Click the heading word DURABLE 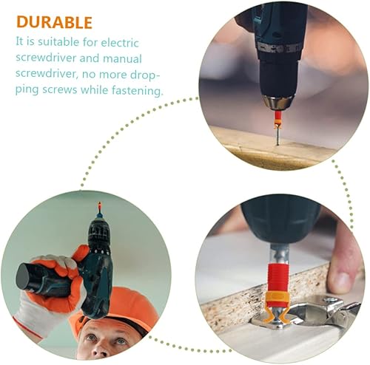55,22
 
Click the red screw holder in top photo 277,117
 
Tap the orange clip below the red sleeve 276,300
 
